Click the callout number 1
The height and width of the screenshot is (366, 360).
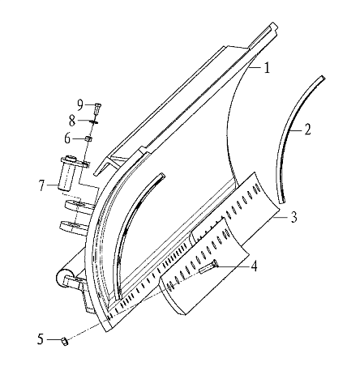tap(267, 67)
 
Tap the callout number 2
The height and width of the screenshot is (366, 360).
tap(307, 130)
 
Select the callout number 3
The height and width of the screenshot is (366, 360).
tap(294, 217)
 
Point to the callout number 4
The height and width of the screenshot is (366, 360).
tap(254, 266)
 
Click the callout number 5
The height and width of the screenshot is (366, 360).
tap(41, 339)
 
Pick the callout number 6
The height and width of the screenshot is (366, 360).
tap(67, 138)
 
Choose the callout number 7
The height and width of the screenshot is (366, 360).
tap(41, 185)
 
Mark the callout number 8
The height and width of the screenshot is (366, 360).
tap(72, 121)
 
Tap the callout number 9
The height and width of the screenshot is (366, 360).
tap(80, 105)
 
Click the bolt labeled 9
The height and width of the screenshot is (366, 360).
tap(97, 109)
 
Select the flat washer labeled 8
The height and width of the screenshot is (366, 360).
tap(94, 122)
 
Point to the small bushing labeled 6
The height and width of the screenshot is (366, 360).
tap(88, 139)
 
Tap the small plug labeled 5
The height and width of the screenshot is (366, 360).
tap(65, 342)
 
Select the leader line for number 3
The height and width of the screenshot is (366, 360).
tap(280, 217)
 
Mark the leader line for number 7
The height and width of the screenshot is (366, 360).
tap(53, 185)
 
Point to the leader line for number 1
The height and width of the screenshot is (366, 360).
tap(256, 68)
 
